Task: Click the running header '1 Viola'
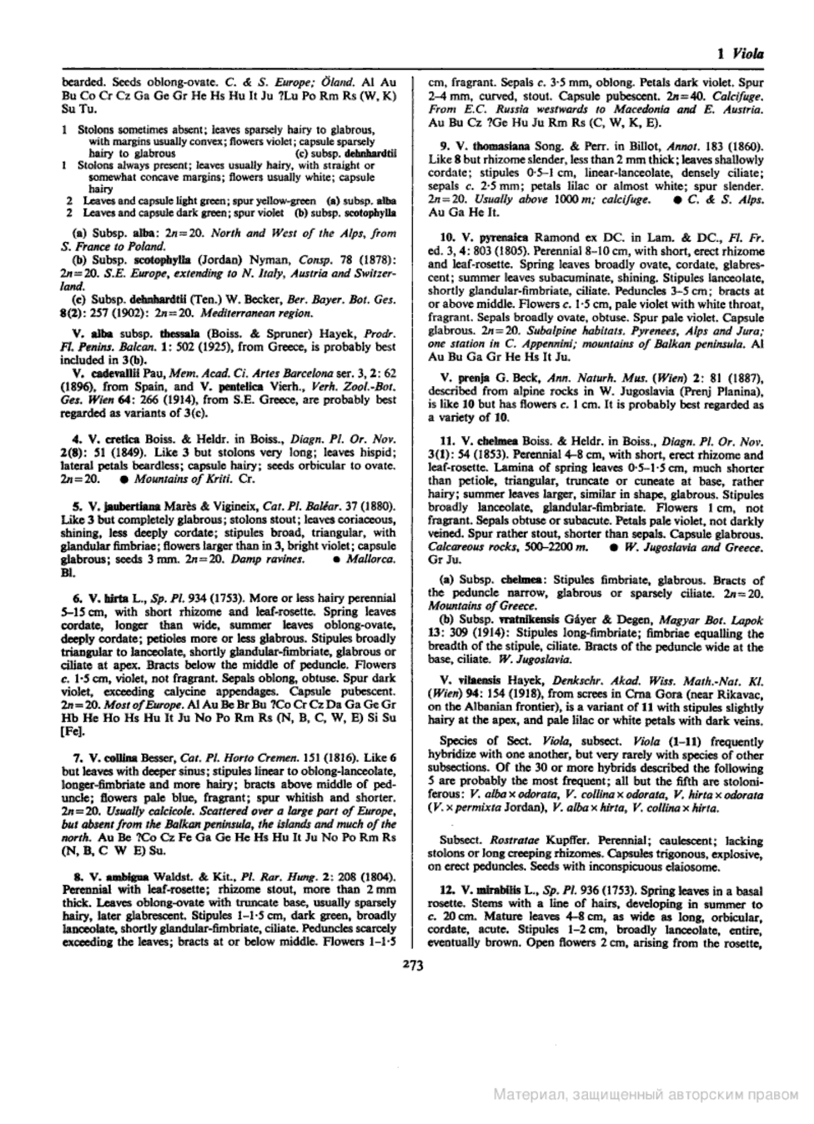point(740,54)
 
